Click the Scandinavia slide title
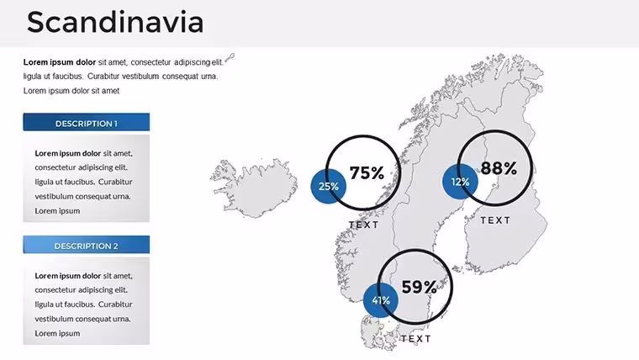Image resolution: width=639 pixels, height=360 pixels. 115,23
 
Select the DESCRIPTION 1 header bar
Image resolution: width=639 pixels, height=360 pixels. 87,122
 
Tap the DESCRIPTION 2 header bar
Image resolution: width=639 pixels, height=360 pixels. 87,245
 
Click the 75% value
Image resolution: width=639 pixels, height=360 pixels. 367,173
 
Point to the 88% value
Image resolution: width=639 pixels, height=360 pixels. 499,168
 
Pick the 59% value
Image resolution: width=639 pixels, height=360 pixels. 420,287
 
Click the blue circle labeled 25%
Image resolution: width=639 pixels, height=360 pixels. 329,187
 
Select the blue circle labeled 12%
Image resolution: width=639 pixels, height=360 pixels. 460,182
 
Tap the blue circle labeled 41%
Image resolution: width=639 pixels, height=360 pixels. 381,300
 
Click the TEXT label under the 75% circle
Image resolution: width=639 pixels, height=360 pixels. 364,225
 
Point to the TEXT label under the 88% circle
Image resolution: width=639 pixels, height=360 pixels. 495,220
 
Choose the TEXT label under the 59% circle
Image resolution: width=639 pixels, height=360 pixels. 416,339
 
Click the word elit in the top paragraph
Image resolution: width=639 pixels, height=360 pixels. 217,62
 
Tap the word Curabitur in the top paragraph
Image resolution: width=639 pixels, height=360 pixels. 103,77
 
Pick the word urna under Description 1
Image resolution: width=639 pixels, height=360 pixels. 122,197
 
